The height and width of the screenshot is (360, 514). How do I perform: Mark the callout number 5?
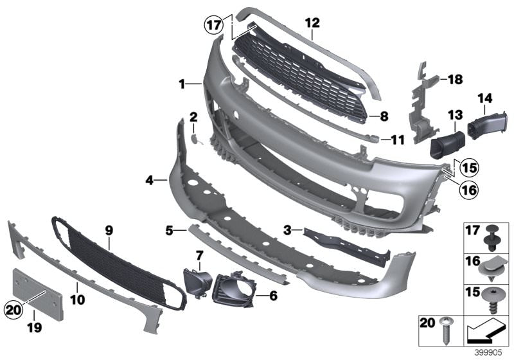[x=169, y=228]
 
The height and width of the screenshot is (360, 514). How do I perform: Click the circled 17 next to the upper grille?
[x=213, y=26]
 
